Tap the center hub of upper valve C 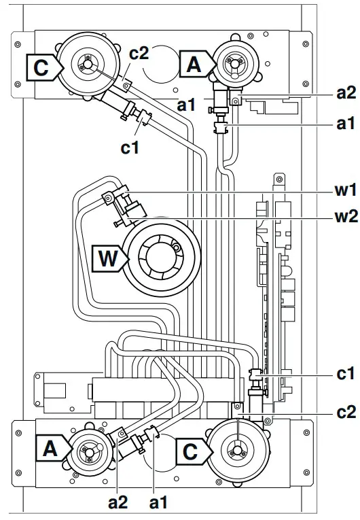click(85, 66)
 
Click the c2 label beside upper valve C click(139, 55)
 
